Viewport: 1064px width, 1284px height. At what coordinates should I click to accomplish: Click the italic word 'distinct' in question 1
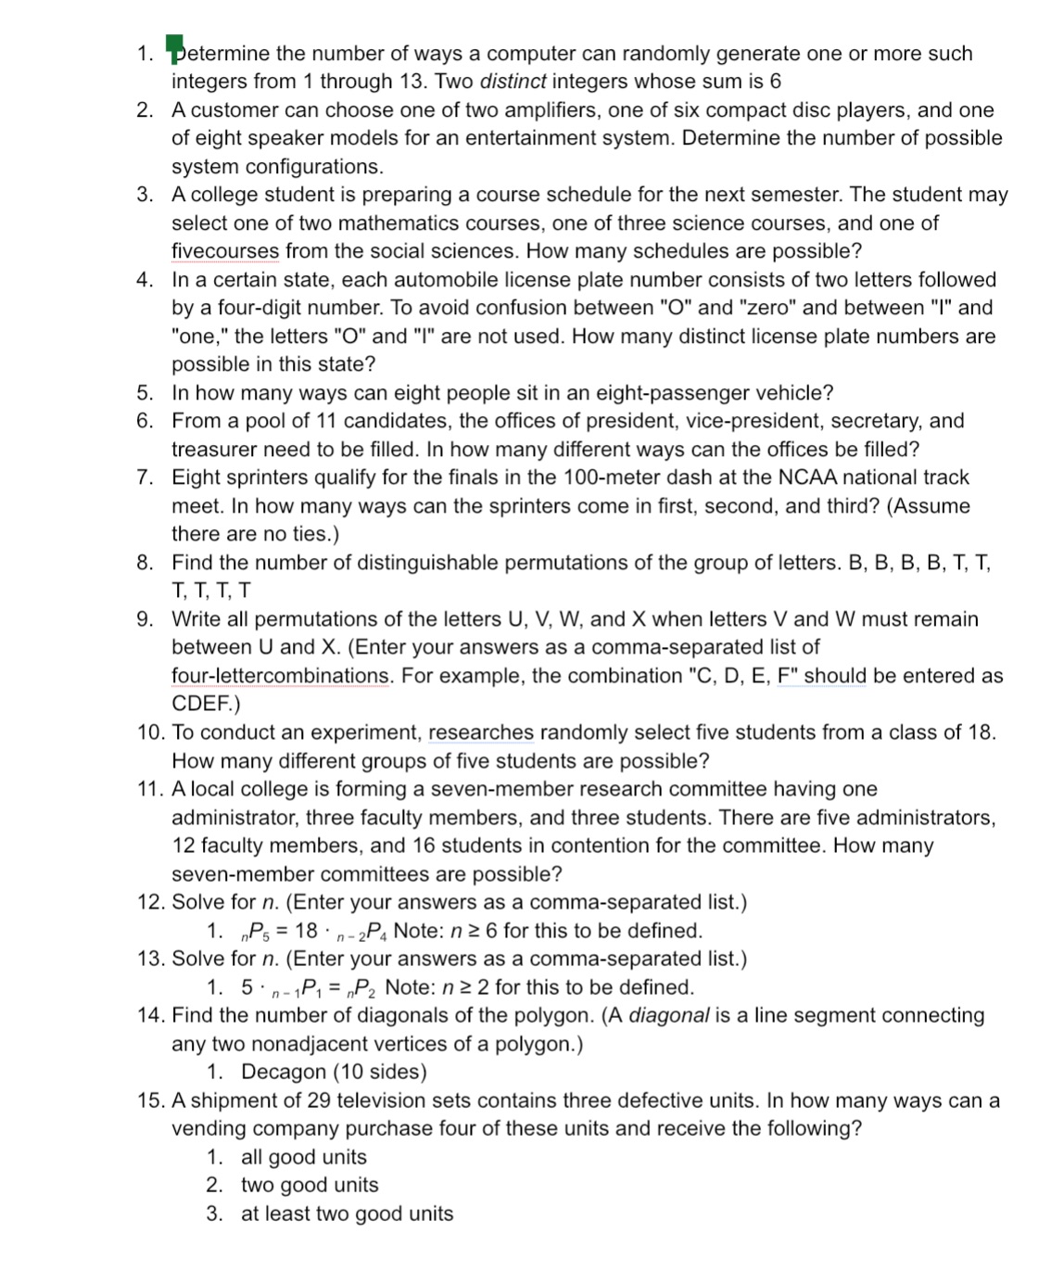pyautogui.click(x=513, y=82)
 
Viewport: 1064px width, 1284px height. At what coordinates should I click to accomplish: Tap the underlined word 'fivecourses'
pyautogui.click(x=225, y=251)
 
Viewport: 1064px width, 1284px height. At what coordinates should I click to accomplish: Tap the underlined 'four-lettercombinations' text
pyautogui.click(x=281, y=676)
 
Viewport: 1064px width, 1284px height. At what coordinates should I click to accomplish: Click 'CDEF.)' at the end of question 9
pyautogui.click(x=206, y=704)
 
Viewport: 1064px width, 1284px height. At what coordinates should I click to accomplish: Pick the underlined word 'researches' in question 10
pyautogui.click(x=481, y=732)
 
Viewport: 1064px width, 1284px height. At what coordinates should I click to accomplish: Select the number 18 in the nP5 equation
pyautogui.click(x=306, y=931)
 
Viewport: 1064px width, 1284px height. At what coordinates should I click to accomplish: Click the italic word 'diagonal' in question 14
pyautogui.click(x=669, y=1015)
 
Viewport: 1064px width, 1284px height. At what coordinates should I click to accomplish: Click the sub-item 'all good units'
pyautogui.click(x=304, y=1157)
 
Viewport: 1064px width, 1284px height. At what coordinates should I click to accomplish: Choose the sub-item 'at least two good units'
pyautogui.click(x=347, y=1214)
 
